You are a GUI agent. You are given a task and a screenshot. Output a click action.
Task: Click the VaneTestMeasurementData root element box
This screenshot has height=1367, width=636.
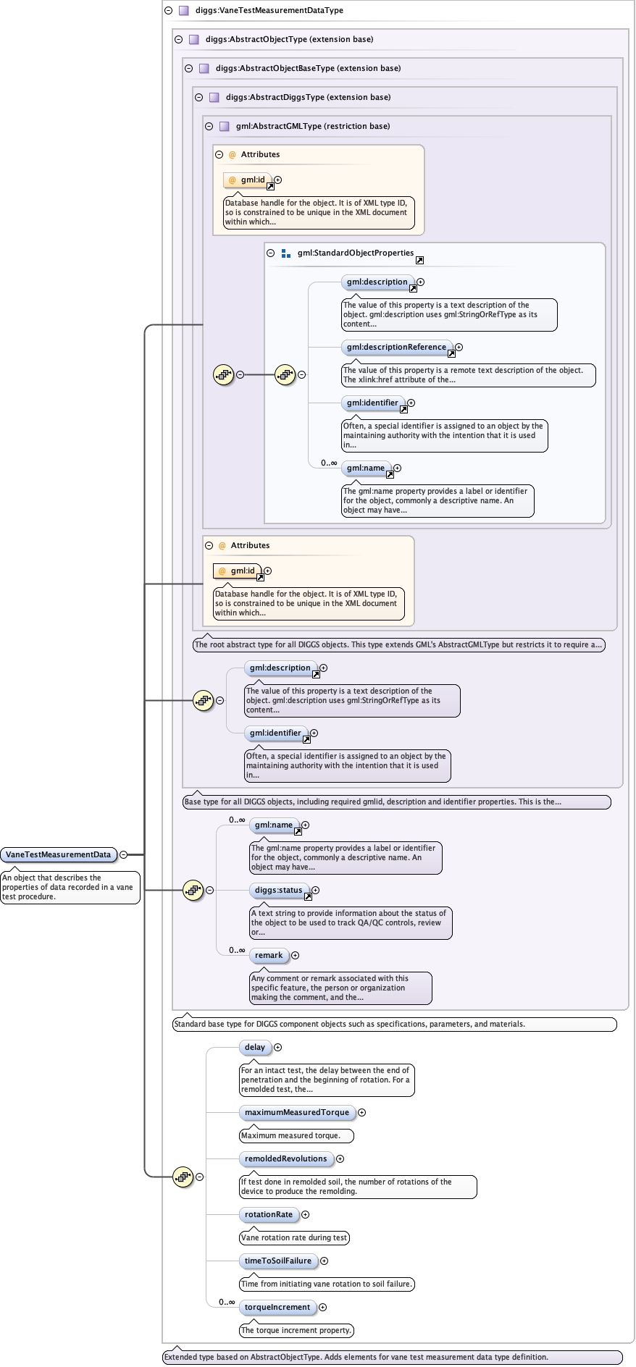[x=59, y=854]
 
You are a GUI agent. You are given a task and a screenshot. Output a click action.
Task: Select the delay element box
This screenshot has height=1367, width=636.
[x=255, y=1047]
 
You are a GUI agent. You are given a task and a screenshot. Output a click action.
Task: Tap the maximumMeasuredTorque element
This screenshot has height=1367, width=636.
[x=297, y=1112]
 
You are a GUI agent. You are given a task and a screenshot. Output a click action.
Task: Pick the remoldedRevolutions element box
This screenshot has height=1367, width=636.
[x=286, y=1158]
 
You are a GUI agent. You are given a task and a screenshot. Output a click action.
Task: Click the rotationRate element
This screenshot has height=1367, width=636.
[x=269, y=1214]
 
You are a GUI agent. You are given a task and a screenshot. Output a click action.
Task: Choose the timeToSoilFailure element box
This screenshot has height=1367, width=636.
[x=278, y=1261]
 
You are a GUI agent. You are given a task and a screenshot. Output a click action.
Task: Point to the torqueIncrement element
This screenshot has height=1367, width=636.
[x=277, y=1307]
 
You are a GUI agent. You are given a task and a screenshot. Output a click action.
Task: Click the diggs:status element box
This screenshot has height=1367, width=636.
[x=279, y=890]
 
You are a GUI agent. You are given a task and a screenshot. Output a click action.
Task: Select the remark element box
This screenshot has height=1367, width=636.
[x=269, y=955]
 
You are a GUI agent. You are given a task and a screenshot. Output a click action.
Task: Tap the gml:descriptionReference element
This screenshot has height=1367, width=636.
[x=396, y=347]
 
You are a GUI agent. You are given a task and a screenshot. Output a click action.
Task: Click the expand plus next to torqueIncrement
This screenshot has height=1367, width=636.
[x=323, y=1307]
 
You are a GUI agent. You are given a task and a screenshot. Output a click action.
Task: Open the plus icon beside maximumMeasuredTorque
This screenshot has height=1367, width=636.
[x=362, y=1112]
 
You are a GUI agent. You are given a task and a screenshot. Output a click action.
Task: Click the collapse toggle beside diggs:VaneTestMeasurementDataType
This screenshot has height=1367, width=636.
[x=168, y=10]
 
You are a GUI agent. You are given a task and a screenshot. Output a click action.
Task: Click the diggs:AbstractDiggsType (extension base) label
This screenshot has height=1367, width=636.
[x=308, y=97]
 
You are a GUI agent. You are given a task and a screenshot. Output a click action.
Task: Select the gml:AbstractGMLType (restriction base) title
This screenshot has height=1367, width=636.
[x=313, y=126]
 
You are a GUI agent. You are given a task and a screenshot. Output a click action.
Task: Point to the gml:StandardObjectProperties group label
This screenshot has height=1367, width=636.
[x=355, y=253]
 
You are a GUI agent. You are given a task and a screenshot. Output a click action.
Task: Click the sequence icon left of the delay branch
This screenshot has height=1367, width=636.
[x=183, y=1177]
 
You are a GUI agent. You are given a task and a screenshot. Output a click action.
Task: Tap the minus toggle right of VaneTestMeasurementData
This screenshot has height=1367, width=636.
[x=124, y=854]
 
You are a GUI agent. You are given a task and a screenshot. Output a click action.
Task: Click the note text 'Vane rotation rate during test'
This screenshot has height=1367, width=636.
[x=294, y=1237]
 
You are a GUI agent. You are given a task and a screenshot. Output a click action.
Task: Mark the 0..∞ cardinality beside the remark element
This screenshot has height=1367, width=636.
[x=237, y=950]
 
